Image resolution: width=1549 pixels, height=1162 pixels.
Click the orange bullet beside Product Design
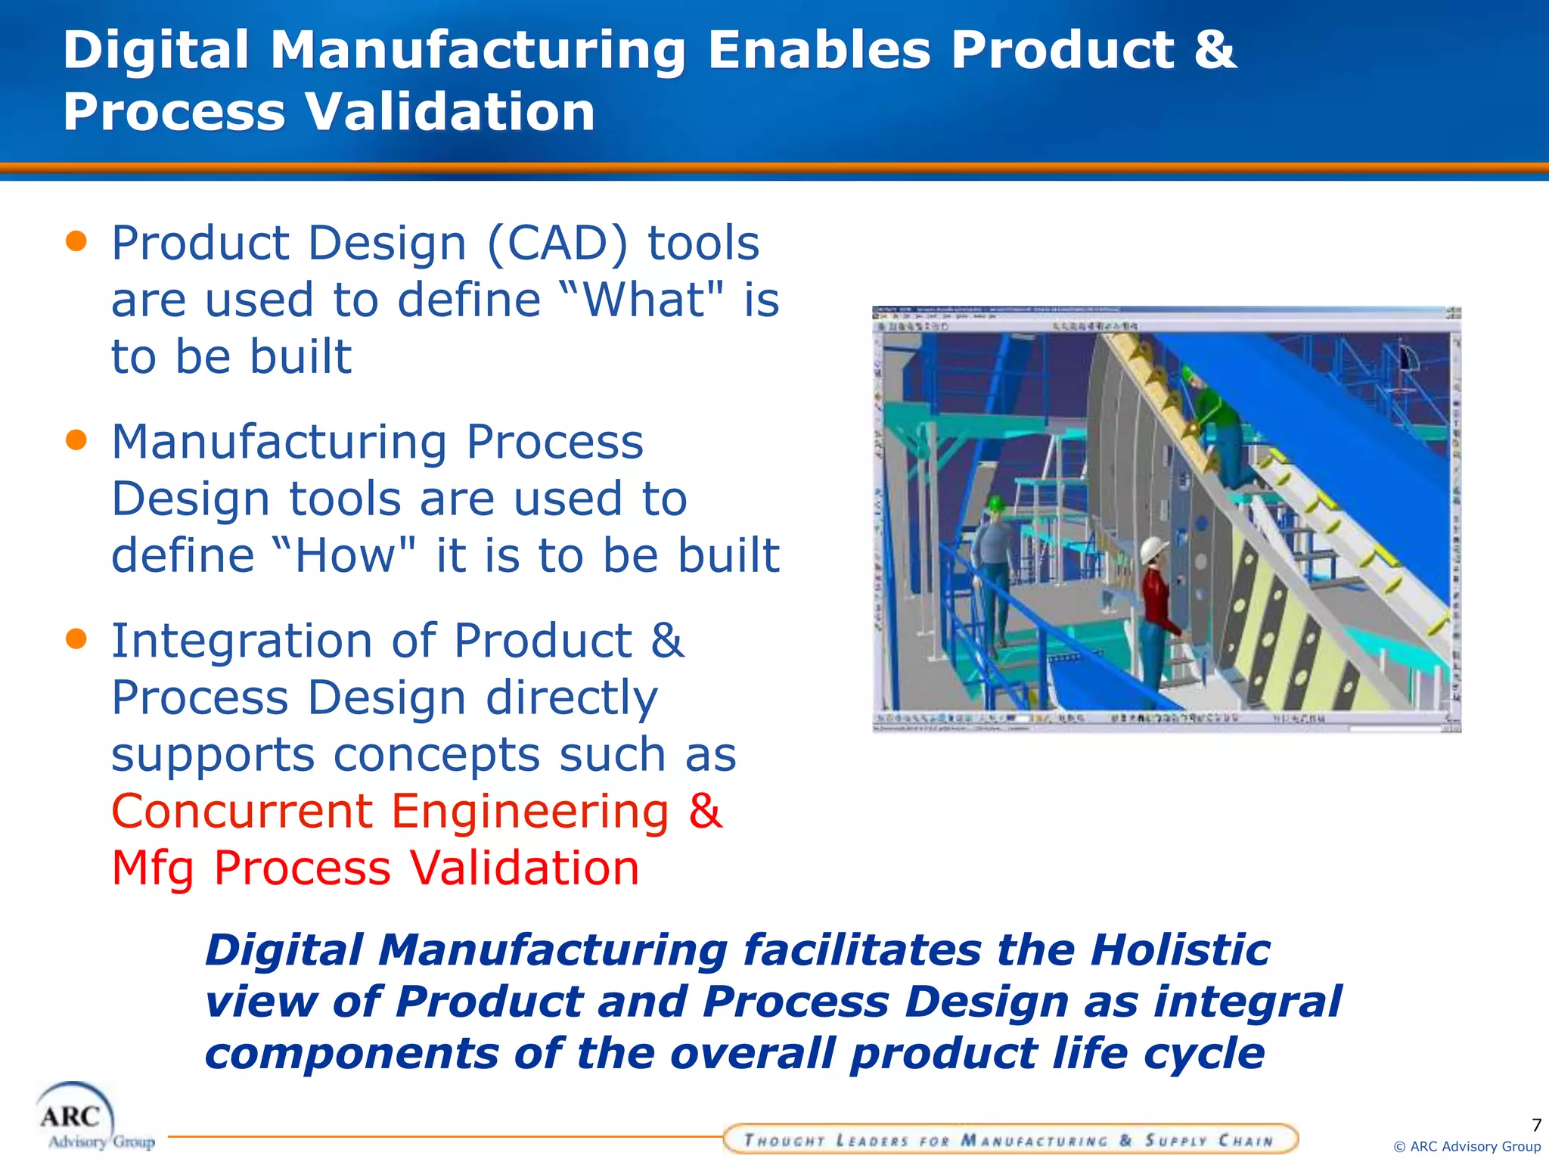(x=76, y=241)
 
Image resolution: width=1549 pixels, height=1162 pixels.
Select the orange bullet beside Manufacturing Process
(x=76, y=440)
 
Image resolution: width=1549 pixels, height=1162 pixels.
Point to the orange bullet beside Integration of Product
(x=76, y=639)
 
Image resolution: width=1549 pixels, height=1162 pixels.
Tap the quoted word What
(x=644, y=300)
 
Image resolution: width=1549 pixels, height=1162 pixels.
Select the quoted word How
(x=345, y=555)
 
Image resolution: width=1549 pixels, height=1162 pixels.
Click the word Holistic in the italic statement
(x=1179, y=950)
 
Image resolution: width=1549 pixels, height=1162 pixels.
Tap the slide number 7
(x=1536, y=1125)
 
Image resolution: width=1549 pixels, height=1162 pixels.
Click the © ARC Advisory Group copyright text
(x=1467, y=1147)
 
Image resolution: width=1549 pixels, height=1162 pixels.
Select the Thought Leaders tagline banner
(x=1010, y=1139)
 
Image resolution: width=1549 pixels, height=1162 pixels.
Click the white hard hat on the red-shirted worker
(x=1153, y=548)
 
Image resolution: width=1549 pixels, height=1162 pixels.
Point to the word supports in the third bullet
(x=213, y=755)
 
